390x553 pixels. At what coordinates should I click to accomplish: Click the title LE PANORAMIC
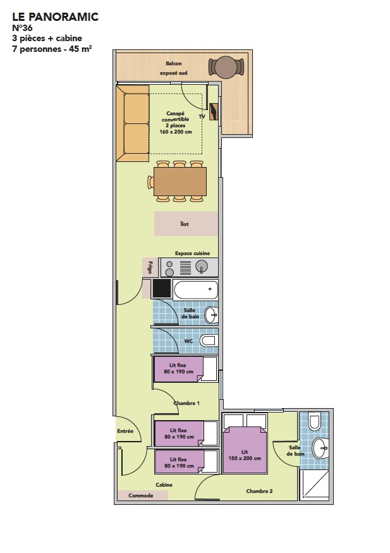(56, 16)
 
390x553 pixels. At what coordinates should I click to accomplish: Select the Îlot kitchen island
(186, 223)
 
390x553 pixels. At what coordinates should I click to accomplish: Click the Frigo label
(150, 267)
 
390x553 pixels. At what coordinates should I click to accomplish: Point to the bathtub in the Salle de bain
(195, 290)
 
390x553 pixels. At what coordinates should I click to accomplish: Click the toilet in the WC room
(208, 340)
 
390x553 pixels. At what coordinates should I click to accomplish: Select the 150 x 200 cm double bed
(245, 450)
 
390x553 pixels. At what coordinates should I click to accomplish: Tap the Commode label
(141, 495)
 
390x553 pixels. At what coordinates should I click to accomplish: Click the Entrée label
(125, 431)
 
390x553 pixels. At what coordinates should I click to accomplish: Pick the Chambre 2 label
(259, 491)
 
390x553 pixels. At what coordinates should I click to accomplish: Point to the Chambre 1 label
(186, 403)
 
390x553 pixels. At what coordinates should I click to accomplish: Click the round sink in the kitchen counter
(202, 266)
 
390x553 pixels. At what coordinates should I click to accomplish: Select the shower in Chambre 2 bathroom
(315, 485)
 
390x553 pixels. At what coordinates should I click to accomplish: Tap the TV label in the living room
(202, 116)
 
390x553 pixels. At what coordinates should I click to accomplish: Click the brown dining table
(180, 182)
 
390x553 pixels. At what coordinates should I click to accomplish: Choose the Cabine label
(164, 485)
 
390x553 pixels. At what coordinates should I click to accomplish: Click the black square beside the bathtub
(162, 289)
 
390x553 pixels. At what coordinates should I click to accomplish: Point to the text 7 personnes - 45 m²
(52, 49)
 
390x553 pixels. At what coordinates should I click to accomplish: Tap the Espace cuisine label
(192, 253)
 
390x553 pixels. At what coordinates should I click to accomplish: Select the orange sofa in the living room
(133, 123)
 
